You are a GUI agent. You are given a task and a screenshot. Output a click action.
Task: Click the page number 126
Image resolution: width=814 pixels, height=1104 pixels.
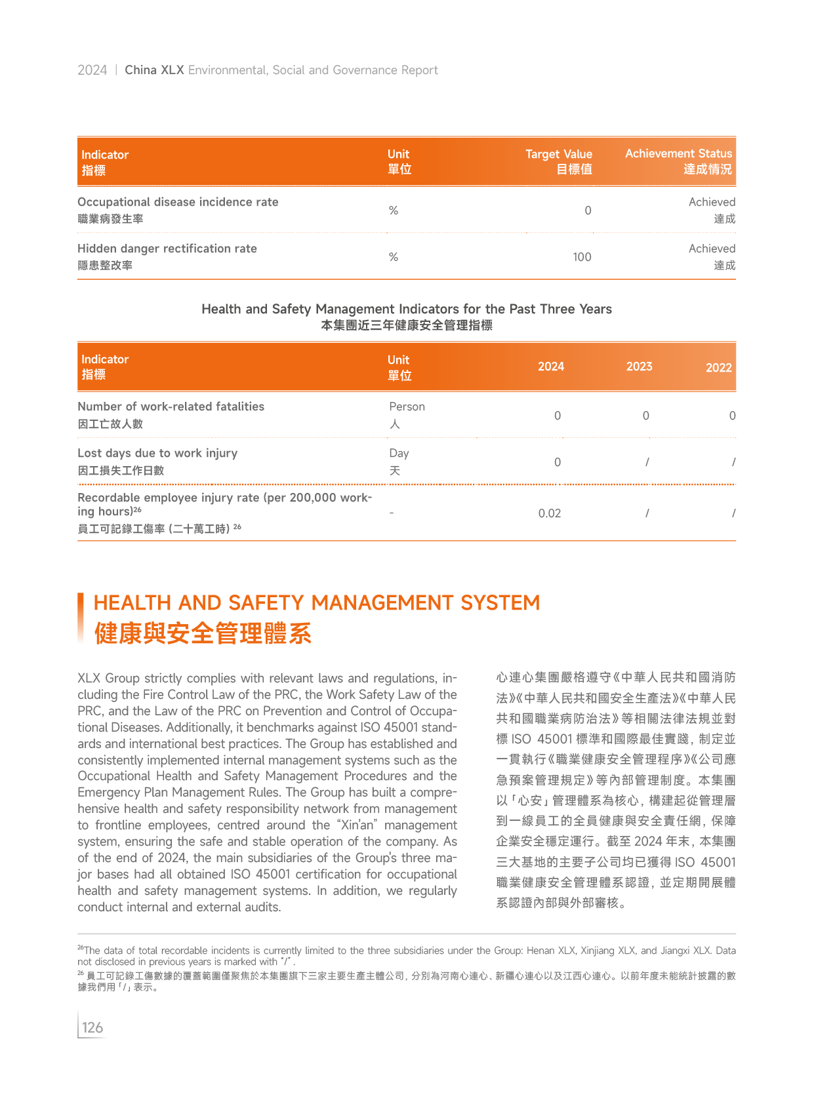tap(92, 1027)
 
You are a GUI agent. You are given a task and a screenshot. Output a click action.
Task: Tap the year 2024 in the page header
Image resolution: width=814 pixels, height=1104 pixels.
tap(92, 70)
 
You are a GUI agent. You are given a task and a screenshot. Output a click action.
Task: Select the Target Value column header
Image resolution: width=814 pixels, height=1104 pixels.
tap(559, 154)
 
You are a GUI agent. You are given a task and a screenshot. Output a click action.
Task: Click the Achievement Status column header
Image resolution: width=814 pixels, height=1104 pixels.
tap(678, 153)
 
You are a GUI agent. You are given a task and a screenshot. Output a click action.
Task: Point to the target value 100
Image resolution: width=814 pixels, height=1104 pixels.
tap(582, 257)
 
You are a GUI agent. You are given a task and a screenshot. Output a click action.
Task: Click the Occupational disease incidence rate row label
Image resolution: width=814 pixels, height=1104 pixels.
tap(178, 203)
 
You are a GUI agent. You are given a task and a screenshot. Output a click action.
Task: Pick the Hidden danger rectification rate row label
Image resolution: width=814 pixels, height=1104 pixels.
tap(167, 249)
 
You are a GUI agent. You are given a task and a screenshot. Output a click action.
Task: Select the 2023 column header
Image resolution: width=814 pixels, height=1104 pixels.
tap(639, 366)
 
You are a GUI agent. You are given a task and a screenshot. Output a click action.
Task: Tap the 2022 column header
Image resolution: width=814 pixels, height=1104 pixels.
tap(718, 368)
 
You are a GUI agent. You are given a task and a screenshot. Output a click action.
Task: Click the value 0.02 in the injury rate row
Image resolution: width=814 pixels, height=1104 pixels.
tap(550, 513)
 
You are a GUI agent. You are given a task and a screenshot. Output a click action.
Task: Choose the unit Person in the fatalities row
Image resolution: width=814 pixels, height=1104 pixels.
tap(407, 406)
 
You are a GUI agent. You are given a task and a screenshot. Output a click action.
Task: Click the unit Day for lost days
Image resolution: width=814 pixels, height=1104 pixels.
tap(399, 453)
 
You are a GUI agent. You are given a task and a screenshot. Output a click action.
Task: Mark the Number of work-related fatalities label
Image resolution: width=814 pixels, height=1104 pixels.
tap(171, 406)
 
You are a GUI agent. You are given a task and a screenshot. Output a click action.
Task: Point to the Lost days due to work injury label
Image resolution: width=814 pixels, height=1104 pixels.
tap(157, 453)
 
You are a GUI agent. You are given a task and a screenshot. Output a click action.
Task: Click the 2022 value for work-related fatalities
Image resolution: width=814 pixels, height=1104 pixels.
tap(732, 416)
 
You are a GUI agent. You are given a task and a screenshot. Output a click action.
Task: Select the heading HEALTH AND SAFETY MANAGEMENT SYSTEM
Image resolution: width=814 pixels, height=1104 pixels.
tap(316, 602)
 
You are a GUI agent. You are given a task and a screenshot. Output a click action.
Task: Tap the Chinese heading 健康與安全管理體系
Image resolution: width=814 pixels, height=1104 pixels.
tap(203, 633)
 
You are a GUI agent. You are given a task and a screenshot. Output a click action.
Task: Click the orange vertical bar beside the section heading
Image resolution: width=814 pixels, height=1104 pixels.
tap(81, 618)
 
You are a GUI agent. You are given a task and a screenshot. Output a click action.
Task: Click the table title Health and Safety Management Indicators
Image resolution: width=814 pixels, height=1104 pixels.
tap(406, 309)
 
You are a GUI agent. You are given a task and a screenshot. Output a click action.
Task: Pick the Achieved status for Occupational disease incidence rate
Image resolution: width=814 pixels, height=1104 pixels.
tap(712, 203)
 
